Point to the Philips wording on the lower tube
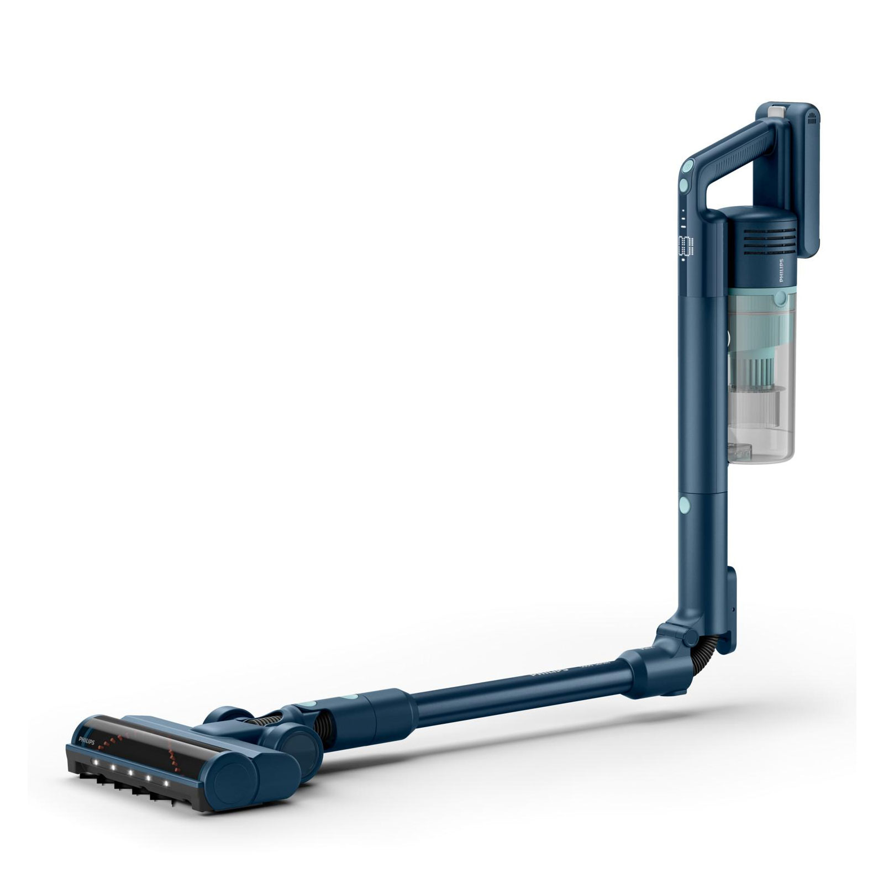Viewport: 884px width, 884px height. pos(549,670)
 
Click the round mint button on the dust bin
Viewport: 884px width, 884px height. pos(780,299)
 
